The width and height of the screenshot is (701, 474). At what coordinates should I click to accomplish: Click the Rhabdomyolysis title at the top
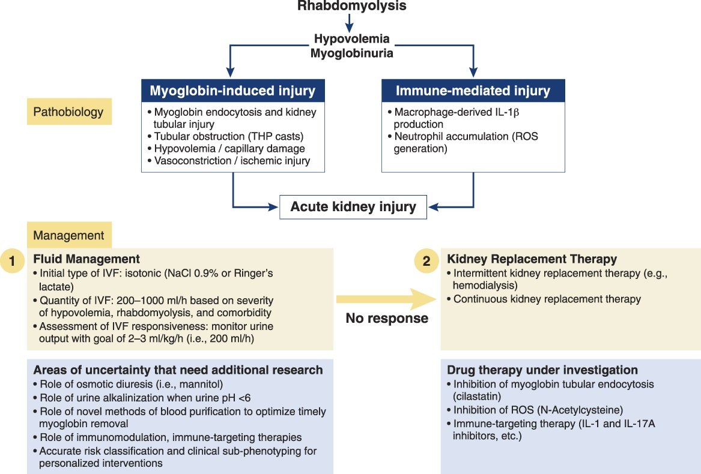coord(351,7)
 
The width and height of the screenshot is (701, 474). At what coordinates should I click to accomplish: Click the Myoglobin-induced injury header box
coord(232,91)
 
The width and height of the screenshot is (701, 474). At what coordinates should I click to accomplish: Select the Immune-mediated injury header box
coord(473,91)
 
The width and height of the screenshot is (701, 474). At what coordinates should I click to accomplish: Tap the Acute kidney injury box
coord(353,207)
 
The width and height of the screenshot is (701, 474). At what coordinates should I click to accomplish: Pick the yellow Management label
coord(68,236)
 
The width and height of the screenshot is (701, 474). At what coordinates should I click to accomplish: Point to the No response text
coord(387,318)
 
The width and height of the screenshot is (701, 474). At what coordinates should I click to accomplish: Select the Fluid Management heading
coord(86,259)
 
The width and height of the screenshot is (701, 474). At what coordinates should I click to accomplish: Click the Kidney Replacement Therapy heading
coord(532,259)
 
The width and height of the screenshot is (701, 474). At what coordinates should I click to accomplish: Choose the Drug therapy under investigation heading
coord(542,370)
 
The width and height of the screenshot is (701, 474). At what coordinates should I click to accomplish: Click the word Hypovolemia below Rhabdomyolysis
coord(351,38)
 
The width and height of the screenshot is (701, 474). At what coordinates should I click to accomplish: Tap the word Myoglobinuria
coord(351,53)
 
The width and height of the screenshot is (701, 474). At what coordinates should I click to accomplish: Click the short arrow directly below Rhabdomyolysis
coord(350,23)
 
